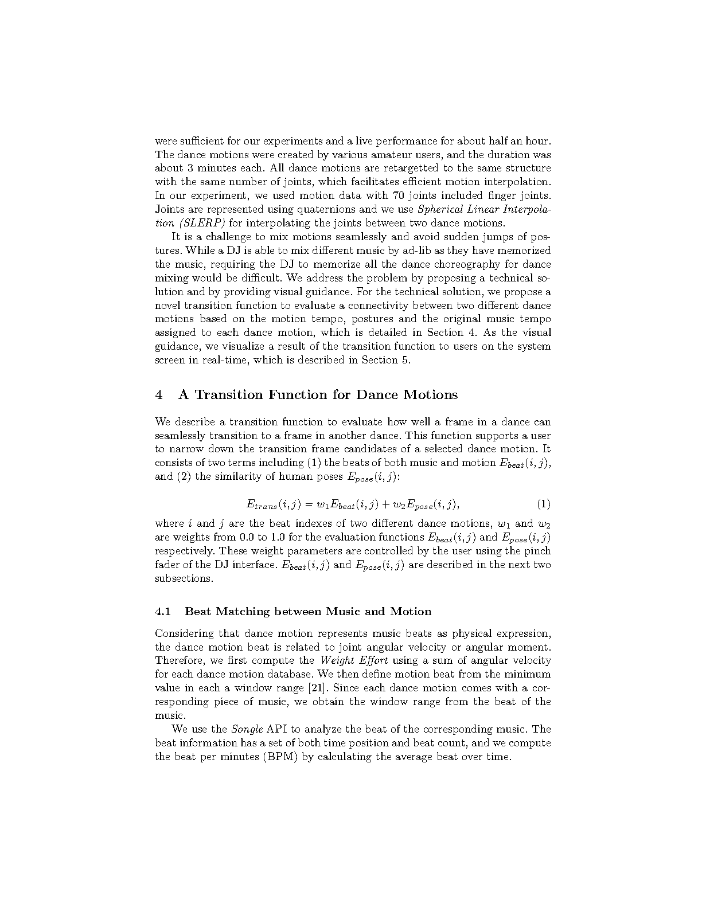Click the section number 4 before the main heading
click(159, 395)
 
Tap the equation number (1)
click(544, 504)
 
